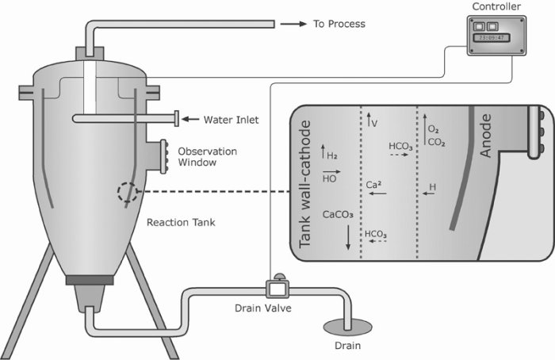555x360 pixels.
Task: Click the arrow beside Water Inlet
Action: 191,120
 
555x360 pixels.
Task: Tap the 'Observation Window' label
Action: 207,156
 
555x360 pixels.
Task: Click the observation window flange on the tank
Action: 164,155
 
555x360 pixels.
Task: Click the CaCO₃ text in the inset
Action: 338,214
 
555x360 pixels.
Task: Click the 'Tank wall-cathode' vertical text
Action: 307,187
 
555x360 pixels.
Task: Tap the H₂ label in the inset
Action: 332,156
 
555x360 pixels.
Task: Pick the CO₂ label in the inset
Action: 436,143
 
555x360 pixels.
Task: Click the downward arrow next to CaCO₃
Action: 347,239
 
